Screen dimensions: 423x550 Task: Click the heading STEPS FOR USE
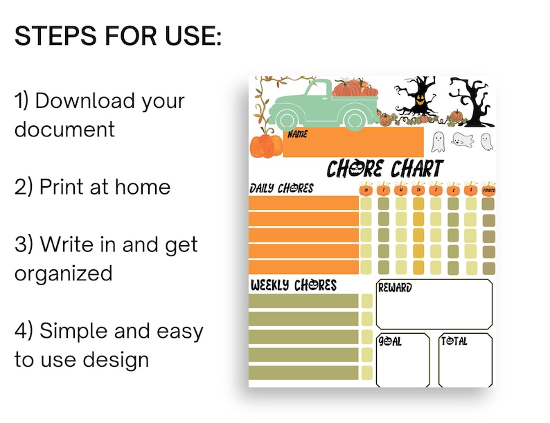click(118, 36)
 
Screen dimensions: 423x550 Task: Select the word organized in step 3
click(63, 273)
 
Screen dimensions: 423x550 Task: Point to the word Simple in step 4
click(73, 331)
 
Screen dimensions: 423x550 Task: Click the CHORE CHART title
click(384, 168)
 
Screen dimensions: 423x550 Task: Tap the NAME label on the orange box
click(297, 134)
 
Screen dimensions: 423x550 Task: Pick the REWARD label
click(394, 287)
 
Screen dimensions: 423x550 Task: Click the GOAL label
click(390, 341)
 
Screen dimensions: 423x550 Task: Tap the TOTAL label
click(454, 341)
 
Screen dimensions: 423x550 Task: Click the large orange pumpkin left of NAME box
click(266, 145)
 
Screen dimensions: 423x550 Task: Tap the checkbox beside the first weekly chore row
click(366, 300)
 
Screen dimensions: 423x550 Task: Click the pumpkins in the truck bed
click(355, 89)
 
